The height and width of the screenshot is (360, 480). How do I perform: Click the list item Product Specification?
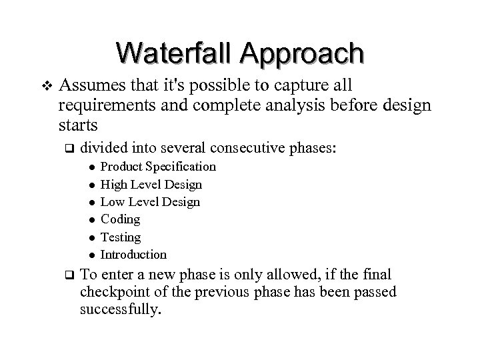pos(158,166)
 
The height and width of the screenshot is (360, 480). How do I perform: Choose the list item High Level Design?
pos(151,184)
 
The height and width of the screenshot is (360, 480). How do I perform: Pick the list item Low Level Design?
pos(149,201)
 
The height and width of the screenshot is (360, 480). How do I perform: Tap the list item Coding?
pos(120,219)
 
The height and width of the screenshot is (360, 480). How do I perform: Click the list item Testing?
pos(121,237)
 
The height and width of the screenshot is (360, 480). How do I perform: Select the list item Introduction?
pos(133,254)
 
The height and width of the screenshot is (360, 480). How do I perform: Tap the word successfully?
pos(121,310)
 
